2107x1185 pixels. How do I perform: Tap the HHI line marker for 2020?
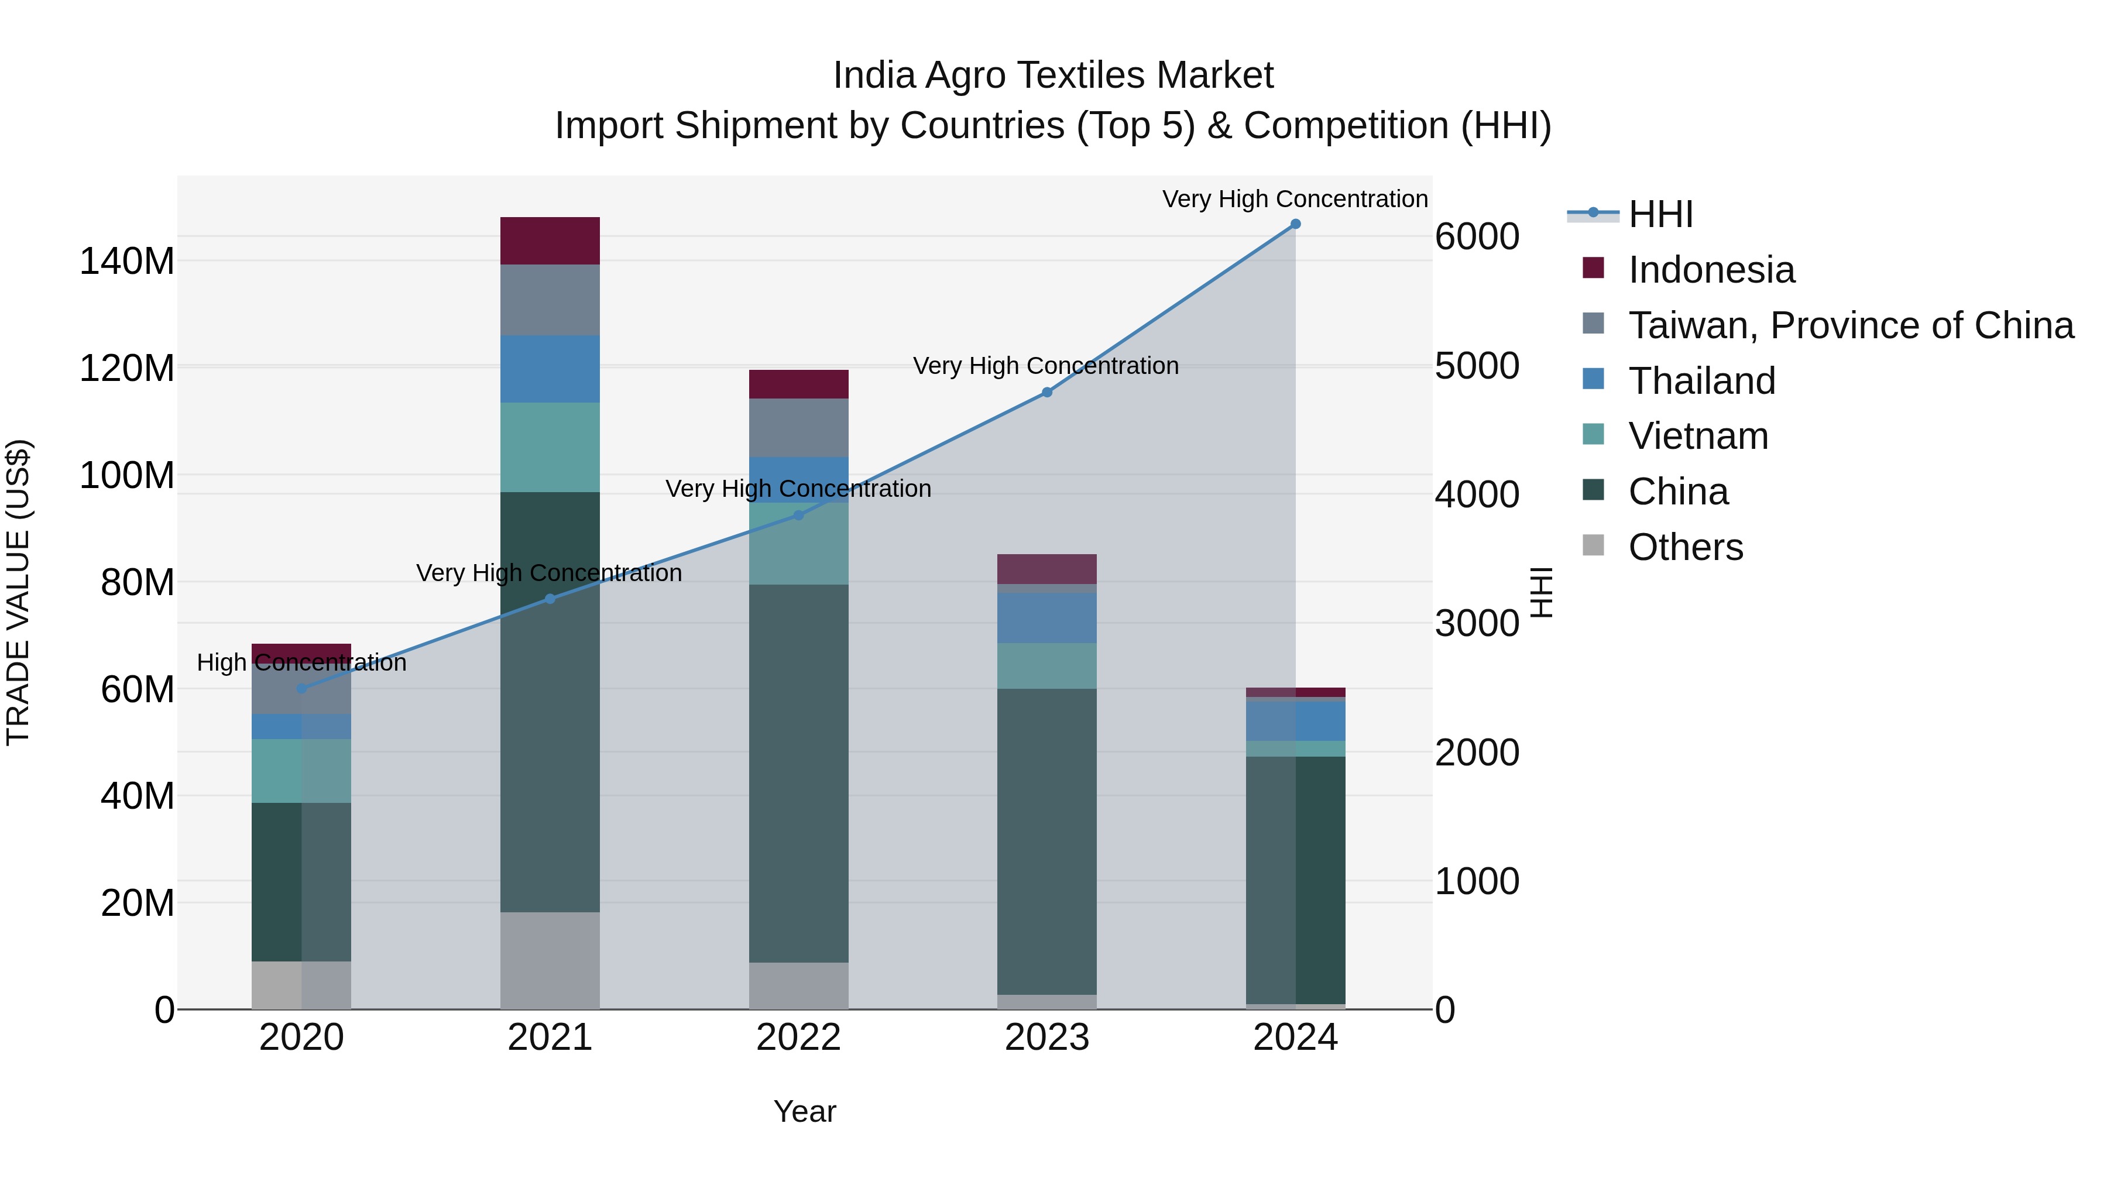pyautogui.click(x=301, y=689)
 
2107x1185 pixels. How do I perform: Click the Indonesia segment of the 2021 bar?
pyautogui.click(x=550, y=241)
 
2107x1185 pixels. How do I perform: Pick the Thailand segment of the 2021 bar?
pyautogui.click(x=550, y=369)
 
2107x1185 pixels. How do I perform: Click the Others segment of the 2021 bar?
pyautogui.click(x=550, y=960)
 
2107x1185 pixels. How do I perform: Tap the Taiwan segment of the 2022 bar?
pyautogui.click(x=798, y=428)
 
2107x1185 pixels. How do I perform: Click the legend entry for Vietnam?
pyautogui.click(x=1697, y=436)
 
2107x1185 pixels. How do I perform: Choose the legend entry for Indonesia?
pyautogui.click(x=1711, y=270)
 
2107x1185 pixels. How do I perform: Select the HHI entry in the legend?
pyautogui.click(x=1660, y=214)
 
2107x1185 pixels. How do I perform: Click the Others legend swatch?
pyautogui.click(x=1593, y=545)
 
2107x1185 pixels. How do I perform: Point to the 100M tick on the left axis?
pyautogui.click(x=127, y=475)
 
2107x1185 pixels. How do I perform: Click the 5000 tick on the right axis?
pyautogui.click(x=1477, y=366)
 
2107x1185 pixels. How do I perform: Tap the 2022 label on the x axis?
pyautogui.click(x=798, y=1038)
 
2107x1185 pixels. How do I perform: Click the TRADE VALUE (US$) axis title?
pyautogui.click(x=18, y=592)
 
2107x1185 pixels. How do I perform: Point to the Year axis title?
pyautogui.click(x=804, y=1111)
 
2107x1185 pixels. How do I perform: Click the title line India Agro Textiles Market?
pyautogui.click(x=1053, y=75)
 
